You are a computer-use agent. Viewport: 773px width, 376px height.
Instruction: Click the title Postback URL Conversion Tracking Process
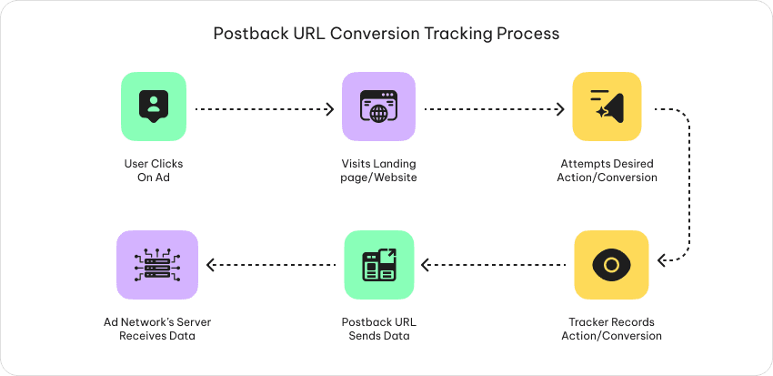[386, 34]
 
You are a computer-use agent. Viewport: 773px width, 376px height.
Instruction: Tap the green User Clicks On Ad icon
[153, 107]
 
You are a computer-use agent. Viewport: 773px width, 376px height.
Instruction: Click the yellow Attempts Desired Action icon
[607, 107]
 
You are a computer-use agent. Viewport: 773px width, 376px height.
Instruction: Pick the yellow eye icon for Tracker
[611, 265]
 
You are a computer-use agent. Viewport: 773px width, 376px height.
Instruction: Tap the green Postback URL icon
[379, 265]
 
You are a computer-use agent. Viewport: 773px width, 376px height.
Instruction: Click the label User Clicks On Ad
[153, 170]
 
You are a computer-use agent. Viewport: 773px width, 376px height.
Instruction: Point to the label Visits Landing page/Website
[379, 170]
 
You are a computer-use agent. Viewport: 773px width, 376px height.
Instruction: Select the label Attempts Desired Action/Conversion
[606, 170]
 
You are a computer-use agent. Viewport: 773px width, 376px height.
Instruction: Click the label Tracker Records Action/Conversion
[611, 329]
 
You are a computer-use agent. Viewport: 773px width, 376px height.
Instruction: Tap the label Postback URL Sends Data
[379, 329]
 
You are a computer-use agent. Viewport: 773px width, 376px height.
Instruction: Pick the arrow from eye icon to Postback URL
[495, 266]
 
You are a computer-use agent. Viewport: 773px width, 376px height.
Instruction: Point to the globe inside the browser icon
[377, 114]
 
